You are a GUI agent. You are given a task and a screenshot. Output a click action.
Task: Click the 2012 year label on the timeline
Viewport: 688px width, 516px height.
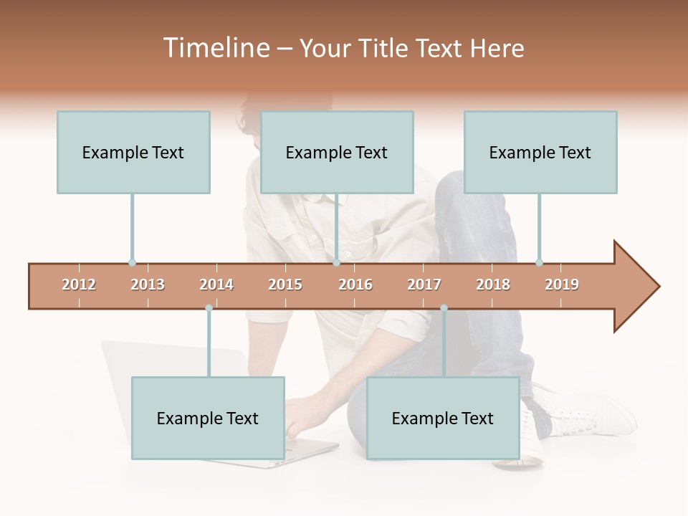(79, 285)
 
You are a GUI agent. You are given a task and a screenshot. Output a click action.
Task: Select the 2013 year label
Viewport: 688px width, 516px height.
(148, 285)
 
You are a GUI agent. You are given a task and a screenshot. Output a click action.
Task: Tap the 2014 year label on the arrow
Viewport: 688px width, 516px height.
(216, 285)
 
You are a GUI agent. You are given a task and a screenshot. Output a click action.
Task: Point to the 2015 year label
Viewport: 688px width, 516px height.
(285, 285)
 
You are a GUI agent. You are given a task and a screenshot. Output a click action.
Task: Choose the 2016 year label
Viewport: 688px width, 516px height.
(355, 285)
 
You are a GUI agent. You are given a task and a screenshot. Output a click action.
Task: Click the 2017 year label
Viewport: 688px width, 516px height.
(424, 285)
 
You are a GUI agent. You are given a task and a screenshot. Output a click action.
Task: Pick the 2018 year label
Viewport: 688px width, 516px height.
(493, 285)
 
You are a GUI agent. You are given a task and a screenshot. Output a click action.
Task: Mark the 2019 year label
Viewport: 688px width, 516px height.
(562, 285)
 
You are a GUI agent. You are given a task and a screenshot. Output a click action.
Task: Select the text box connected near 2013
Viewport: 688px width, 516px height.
(133, 152)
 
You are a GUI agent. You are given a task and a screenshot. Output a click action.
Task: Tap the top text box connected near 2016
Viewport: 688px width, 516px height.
(337, 152)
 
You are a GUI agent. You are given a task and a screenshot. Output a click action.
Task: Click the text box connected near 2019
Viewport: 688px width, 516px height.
(540, 152)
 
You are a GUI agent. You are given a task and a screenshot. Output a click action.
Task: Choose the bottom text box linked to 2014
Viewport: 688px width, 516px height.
(208, 418)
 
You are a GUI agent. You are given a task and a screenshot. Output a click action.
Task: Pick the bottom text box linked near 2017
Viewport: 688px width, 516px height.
(443, 418)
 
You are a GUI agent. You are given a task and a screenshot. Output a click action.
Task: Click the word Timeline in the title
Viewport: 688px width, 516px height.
(216, 48)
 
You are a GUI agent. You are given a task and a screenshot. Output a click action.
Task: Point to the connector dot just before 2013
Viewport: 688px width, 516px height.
(132, 262)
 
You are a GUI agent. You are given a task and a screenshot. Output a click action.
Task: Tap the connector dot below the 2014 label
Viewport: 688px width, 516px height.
(209, 308)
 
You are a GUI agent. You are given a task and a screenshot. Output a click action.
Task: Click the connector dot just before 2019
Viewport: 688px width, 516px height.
(539, 262)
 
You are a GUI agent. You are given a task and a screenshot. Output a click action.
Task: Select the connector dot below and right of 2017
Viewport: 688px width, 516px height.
(444, 308)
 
